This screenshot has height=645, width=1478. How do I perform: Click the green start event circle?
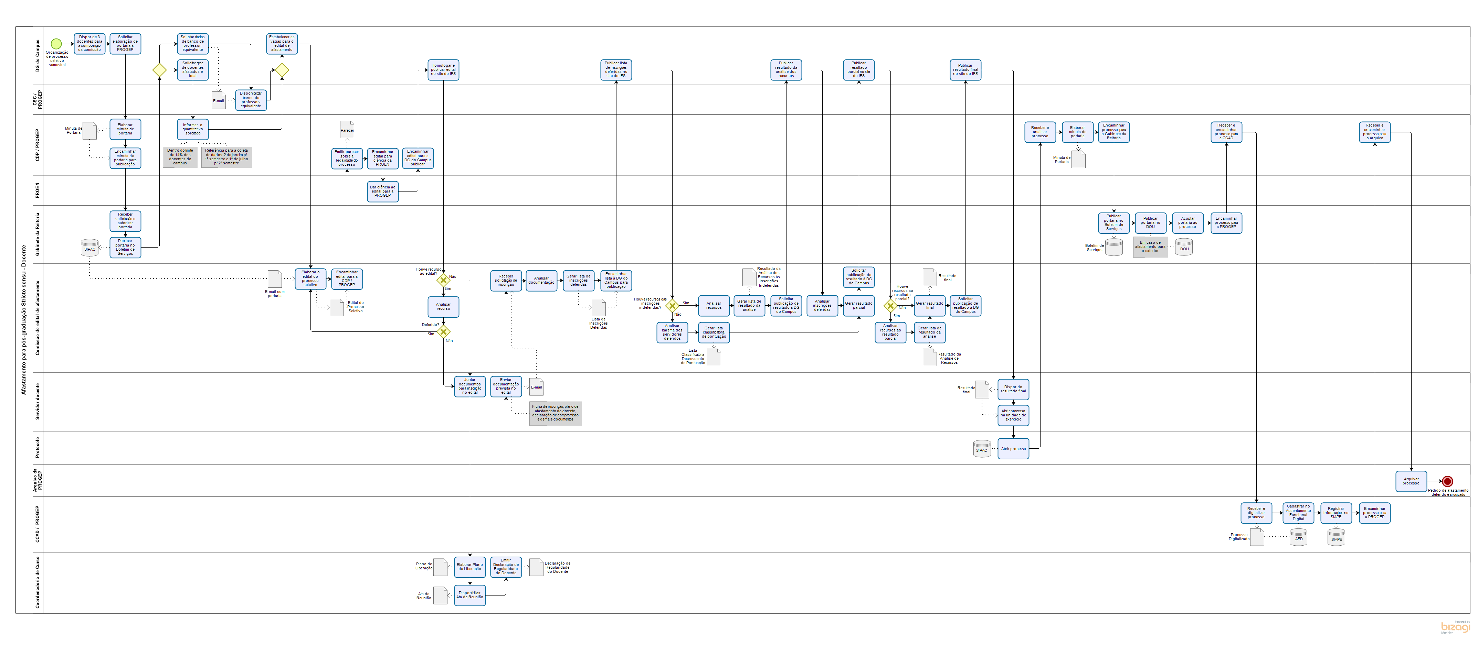[x=56, y=44]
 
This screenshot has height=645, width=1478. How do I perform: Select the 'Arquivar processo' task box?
[x=1411, y=481]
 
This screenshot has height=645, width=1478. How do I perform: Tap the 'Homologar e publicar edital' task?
[x=443, y=70]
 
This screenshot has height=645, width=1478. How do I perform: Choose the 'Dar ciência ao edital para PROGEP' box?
[x=383, y=192]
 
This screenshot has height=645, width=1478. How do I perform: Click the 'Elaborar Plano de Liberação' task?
[x=469, y=567]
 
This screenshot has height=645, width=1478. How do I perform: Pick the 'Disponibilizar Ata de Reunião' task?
[x=469, y=595]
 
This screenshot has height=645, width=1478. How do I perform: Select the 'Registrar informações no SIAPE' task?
[x=1336, y=513]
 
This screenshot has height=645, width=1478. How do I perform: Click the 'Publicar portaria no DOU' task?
[x=1150, y=222]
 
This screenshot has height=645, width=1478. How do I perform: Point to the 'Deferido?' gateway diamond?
[x=443, y=331]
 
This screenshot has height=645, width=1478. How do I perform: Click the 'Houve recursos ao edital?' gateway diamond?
[x=443, y=280]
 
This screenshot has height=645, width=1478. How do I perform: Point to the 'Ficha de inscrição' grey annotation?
[x=555, y=413]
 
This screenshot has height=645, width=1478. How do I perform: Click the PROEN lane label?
[x=38, y=191]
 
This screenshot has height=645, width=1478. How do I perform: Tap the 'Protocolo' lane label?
[x=38, y=448]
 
